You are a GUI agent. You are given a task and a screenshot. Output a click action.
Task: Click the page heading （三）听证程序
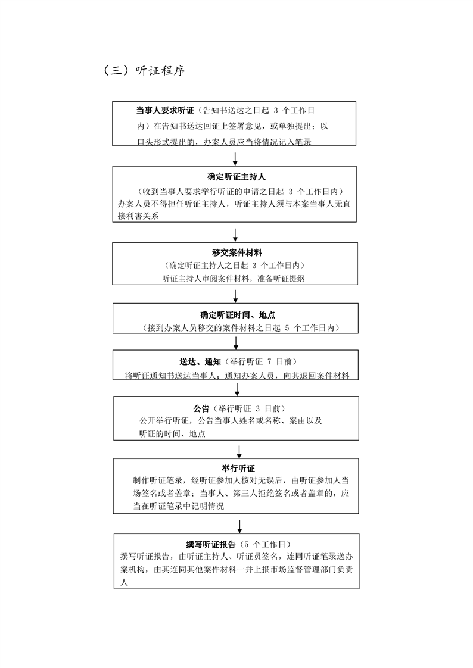click(144, 70)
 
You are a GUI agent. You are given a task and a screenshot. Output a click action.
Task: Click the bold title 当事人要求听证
click(165, 110)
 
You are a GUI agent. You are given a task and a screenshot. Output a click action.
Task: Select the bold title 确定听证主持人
click(236, 177)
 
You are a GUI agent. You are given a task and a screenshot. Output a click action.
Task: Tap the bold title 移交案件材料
click(237, 252)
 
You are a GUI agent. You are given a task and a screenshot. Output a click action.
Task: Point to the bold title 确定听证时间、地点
click(238, 316)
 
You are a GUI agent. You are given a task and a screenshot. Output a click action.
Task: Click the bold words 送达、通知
click(200, 362)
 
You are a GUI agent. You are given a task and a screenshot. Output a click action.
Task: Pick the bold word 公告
click(201, 408)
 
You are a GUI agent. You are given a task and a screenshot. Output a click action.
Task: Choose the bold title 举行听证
click(238, 469)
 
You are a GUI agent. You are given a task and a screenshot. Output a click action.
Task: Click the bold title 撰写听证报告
click(211, 544)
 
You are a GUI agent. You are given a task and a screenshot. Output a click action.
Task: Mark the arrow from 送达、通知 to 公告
click(237, 388)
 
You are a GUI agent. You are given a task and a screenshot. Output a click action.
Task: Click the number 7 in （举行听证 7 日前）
click(269, 362)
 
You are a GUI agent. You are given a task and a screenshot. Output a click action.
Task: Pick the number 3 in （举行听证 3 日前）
click(258, 408)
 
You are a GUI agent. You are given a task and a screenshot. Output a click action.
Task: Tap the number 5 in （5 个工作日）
click(247, 544)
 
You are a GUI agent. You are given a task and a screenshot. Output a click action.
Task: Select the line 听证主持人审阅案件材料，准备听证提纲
click(234, 279)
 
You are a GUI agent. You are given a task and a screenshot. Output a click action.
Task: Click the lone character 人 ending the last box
click(124, 582)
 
